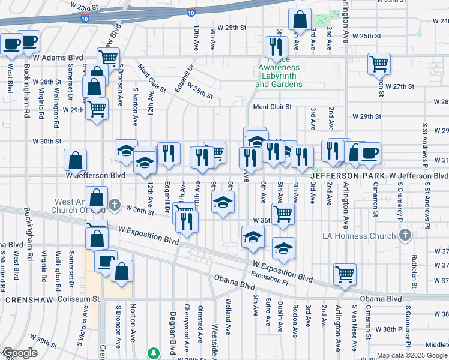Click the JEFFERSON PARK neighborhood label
(348, 175)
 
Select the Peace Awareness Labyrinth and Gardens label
(279, 76)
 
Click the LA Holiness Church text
(364, 236)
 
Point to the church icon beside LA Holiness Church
(405, 235)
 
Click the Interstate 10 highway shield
(190, 11)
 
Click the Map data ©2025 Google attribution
(412, 355)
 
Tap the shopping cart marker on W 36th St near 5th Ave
(282, 212)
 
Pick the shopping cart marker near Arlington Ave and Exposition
(345, 274)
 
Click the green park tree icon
(154, 353)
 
